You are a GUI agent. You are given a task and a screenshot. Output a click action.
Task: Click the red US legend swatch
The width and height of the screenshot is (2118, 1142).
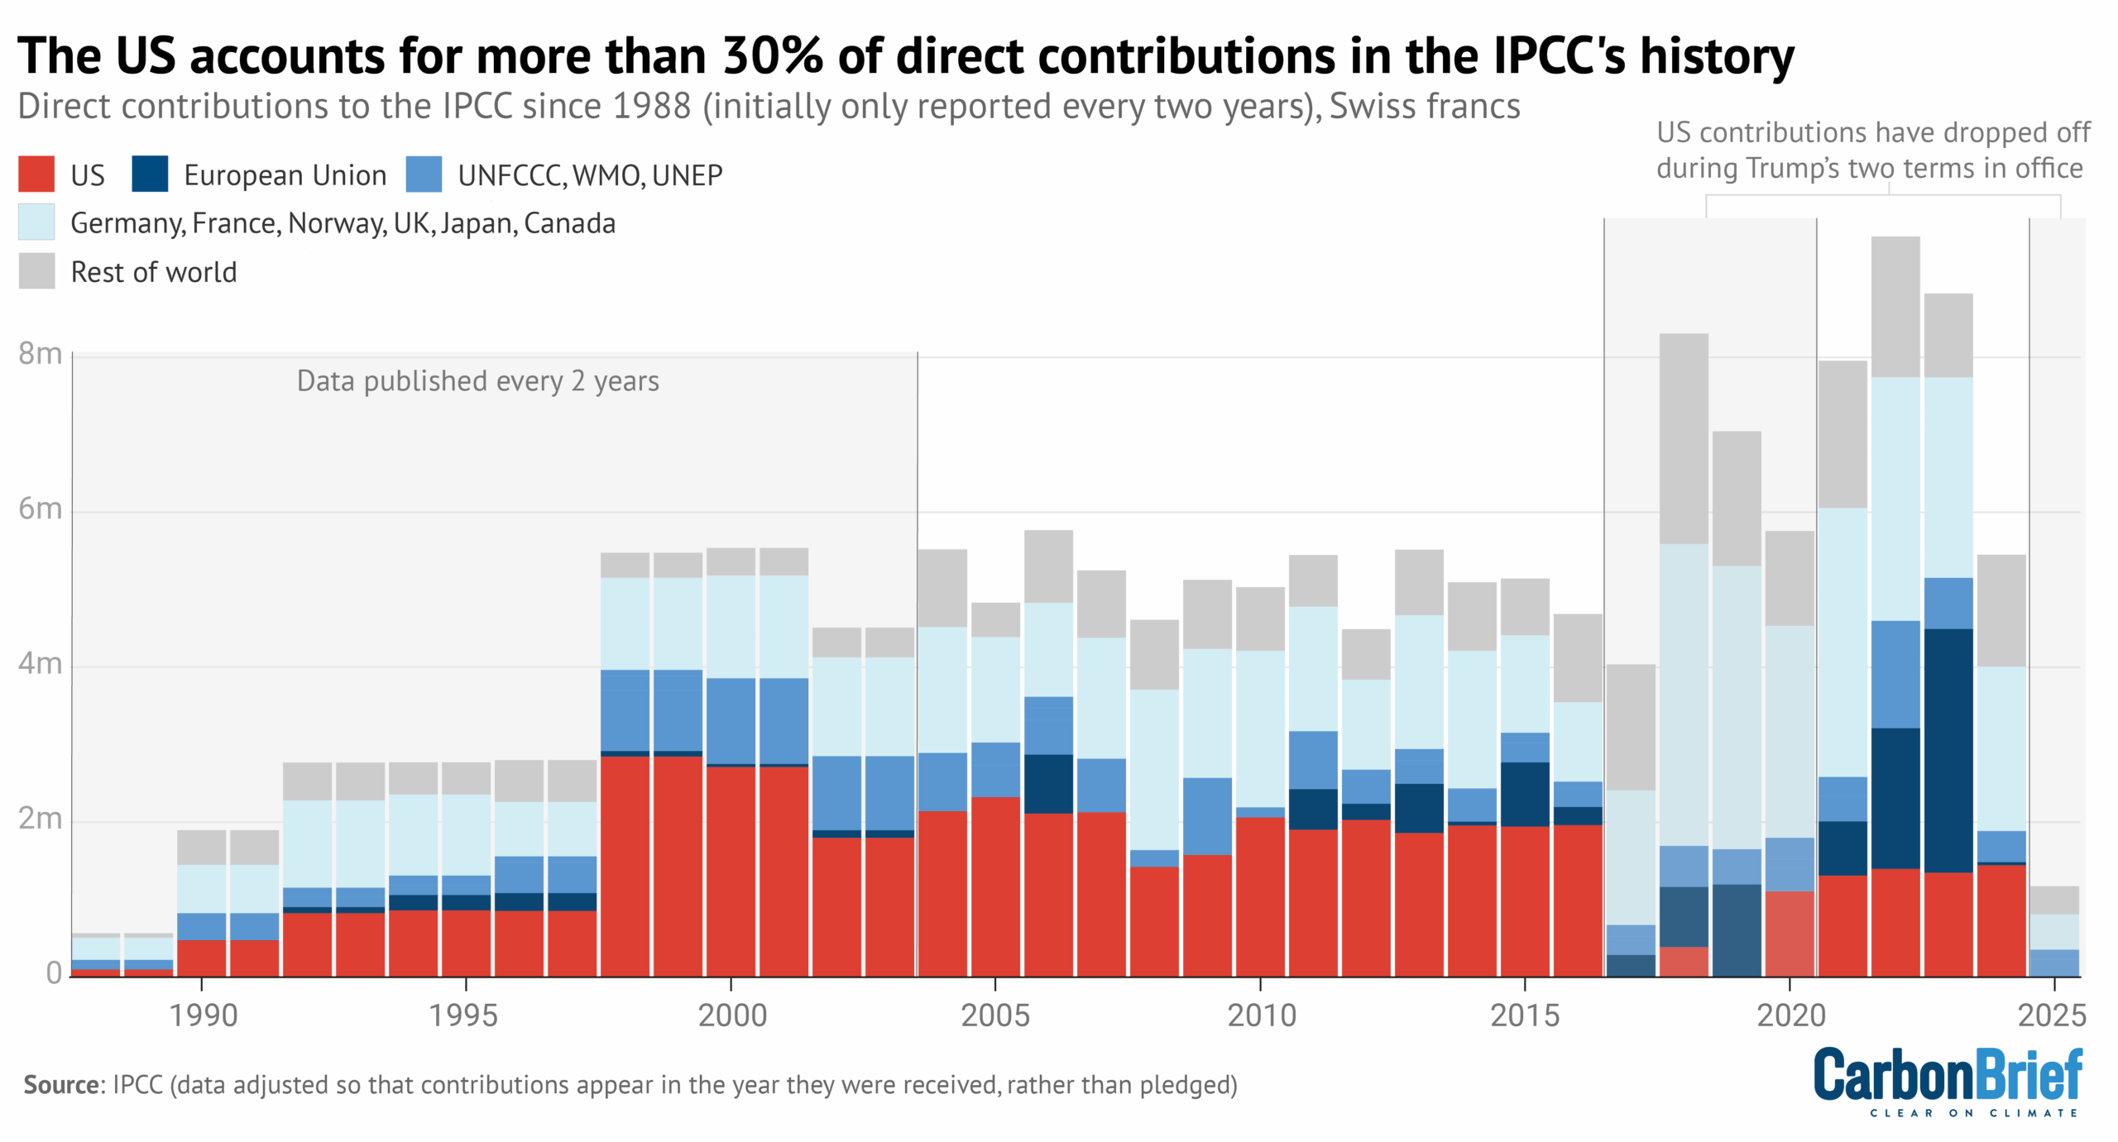coord(36,174)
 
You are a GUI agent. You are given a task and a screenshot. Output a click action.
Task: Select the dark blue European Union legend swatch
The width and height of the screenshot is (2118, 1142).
coord(150,174)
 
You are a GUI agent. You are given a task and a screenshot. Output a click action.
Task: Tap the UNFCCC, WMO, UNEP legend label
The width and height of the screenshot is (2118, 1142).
coord(590,175)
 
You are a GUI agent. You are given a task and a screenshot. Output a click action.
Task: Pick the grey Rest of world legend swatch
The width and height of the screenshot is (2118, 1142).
coord(36,271)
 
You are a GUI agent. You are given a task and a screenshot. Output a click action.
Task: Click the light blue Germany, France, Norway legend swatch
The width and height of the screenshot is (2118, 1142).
coord(36,222)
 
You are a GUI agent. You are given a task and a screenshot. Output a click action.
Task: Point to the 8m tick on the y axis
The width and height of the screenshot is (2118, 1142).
coord(40,354)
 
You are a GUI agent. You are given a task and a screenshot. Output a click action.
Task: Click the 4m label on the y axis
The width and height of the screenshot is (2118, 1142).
coord(40,663)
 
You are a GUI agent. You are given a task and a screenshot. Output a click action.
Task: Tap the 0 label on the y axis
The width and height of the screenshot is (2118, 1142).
coord(54,972)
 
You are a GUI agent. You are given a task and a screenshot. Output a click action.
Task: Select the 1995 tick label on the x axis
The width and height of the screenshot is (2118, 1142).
coord(463,1015)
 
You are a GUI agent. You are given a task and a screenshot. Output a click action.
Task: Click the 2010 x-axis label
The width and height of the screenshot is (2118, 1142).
coord(1261,1015)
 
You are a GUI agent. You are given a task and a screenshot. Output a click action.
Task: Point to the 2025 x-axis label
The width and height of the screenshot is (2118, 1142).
coord(2053,1015)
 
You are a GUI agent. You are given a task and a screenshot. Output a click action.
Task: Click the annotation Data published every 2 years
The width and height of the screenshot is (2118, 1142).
coord(477,381)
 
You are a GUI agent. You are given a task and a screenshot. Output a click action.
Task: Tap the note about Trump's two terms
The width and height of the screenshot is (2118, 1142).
coord(1871,151)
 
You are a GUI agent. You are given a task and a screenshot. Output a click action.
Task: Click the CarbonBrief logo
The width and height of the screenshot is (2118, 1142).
coord(1948,1080)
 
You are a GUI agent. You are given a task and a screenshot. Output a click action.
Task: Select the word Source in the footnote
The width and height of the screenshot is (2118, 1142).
coord(61,1084)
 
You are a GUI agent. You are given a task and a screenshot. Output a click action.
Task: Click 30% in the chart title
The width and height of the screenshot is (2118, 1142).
coord(773,56)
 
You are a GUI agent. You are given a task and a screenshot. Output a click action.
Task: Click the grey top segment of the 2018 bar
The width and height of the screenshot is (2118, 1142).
coord(1683,438)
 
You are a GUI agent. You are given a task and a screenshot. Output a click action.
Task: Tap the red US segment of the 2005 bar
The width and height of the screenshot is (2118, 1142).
coord(995,886)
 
